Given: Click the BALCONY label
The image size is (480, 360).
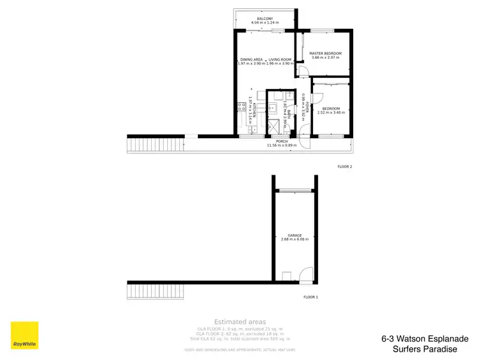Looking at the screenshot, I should [x=265, y=19].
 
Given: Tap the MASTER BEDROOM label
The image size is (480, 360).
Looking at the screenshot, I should [x=325, y=53].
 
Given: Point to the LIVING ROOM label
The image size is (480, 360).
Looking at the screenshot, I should [x=280, y=59].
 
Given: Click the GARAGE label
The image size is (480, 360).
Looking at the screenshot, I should [x=294, y=235].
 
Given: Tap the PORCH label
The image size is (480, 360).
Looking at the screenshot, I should [x=282, y=141].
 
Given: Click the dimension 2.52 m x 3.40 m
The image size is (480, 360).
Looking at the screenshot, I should [x=332, y=113].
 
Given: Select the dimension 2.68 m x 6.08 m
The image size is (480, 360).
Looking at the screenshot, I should [x=294, y=240].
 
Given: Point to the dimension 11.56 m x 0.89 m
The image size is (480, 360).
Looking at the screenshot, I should [x=282, y=146].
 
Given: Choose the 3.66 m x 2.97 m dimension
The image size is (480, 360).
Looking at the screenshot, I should [x=325, y=58].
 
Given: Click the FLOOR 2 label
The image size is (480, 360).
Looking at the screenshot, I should [x=345, y=166].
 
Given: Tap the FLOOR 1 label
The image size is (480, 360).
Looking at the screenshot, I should [x=310, y=297].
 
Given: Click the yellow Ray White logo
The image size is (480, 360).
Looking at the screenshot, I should [x=24, y=336].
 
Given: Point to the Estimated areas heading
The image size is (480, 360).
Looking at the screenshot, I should [x=240, y=321].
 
